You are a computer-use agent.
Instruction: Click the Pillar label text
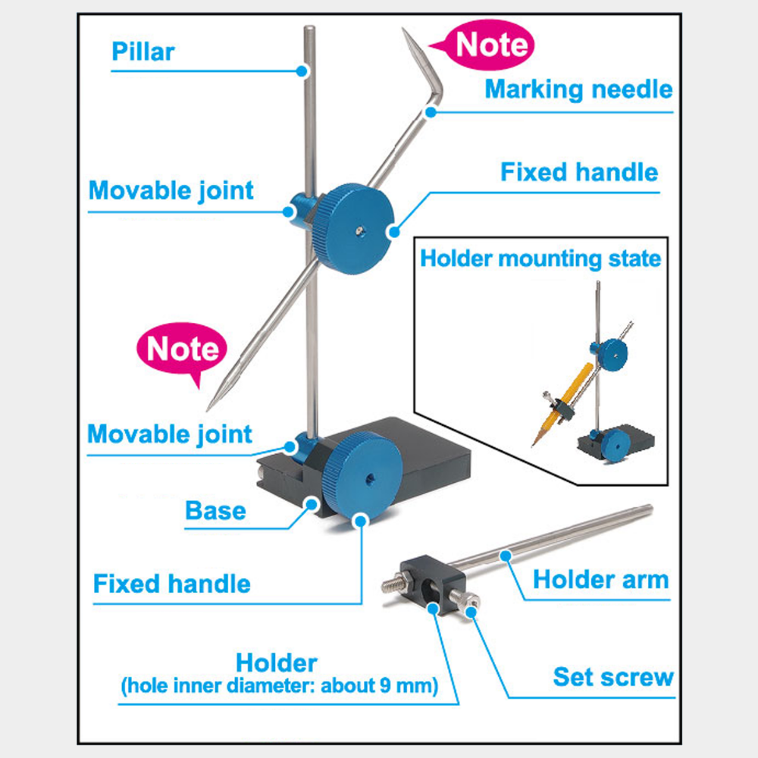click(x=143, y=52)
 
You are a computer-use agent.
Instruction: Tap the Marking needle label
click(x=578, y=90)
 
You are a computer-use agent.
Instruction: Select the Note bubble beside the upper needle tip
click(x=484, y=45)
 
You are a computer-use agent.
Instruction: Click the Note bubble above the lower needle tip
click(x=182, y=351)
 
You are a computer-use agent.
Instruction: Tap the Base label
click(x=215, y=511)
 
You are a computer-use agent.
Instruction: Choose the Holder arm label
click(x=601, y=580)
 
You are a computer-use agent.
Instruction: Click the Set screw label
click(x=613, y=677)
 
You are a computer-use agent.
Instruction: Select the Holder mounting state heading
click(x=540, y=258)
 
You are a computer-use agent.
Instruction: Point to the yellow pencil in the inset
click(x=562, y=404)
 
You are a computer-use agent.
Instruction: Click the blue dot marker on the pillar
click(x=302, y=71)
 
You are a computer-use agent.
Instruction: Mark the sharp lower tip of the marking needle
click(x=208, y=410)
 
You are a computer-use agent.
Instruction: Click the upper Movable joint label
click(x=171, y=191)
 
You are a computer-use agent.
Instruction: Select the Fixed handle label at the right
click(x=579, y=172)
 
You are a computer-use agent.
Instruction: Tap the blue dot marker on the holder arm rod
click(x=506, y=556)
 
